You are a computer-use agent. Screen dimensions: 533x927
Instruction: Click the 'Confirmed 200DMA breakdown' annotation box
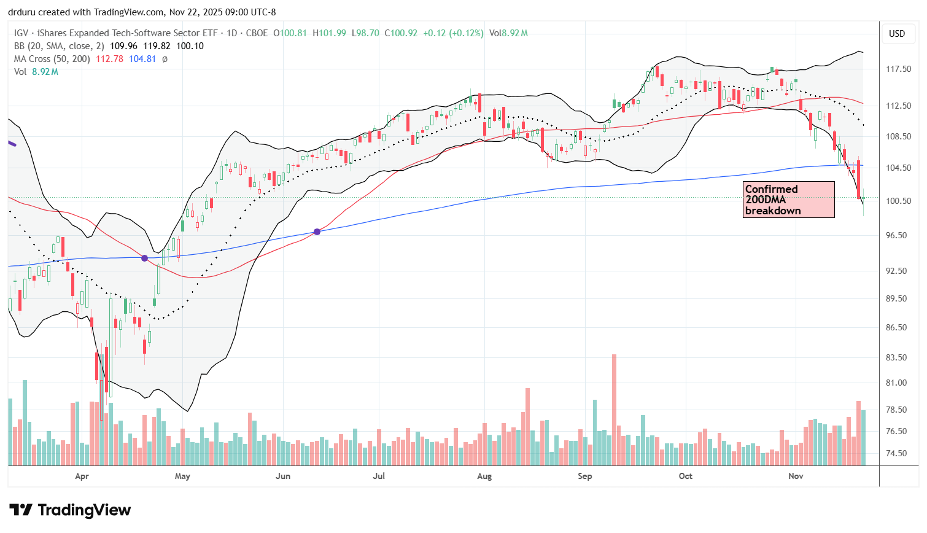788,200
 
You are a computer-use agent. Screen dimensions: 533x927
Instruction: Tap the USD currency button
897,34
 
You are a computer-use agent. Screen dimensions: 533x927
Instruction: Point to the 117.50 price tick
898,69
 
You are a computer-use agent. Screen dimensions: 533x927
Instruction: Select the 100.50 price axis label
898,201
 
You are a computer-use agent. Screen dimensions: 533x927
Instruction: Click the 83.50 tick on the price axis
898,357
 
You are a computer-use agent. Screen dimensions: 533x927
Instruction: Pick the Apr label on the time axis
82,476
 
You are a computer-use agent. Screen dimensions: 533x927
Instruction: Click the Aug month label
484,476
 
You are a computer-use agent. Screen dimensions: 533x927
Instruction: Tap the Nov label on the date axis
796,476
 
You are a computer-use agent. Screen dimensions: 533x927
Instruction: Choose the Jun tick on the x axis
282,476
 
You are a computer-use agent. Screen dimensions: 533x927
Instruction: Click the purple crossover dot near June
317,231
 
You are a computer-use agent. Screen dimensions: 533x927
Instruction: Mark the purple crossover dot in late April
144,258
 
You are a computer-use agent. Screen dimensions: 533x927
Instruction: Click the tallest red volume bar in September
614,410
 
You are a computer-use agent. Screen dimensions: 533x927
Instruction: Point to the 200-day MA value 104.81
142,59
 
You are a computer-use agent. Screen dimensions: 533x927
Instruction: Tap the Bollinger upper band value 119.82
157,46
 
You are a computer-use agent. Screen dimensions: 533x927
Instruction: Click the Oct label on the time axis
685,476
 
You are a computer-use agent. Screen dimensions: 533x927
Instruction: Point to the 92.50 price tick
898,271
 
